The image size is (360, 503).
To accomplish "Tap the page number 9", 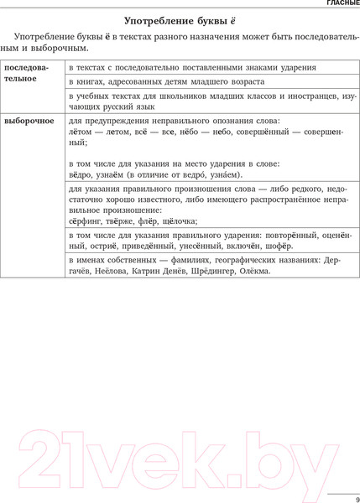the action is click(346, 478).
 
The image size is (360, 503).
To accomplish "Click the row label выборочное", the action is click(29, 121).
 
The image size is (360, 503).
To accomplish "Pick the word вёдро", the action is click(82, 174).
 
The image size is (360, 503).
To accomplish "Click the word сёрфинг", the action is click(88, 221).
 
